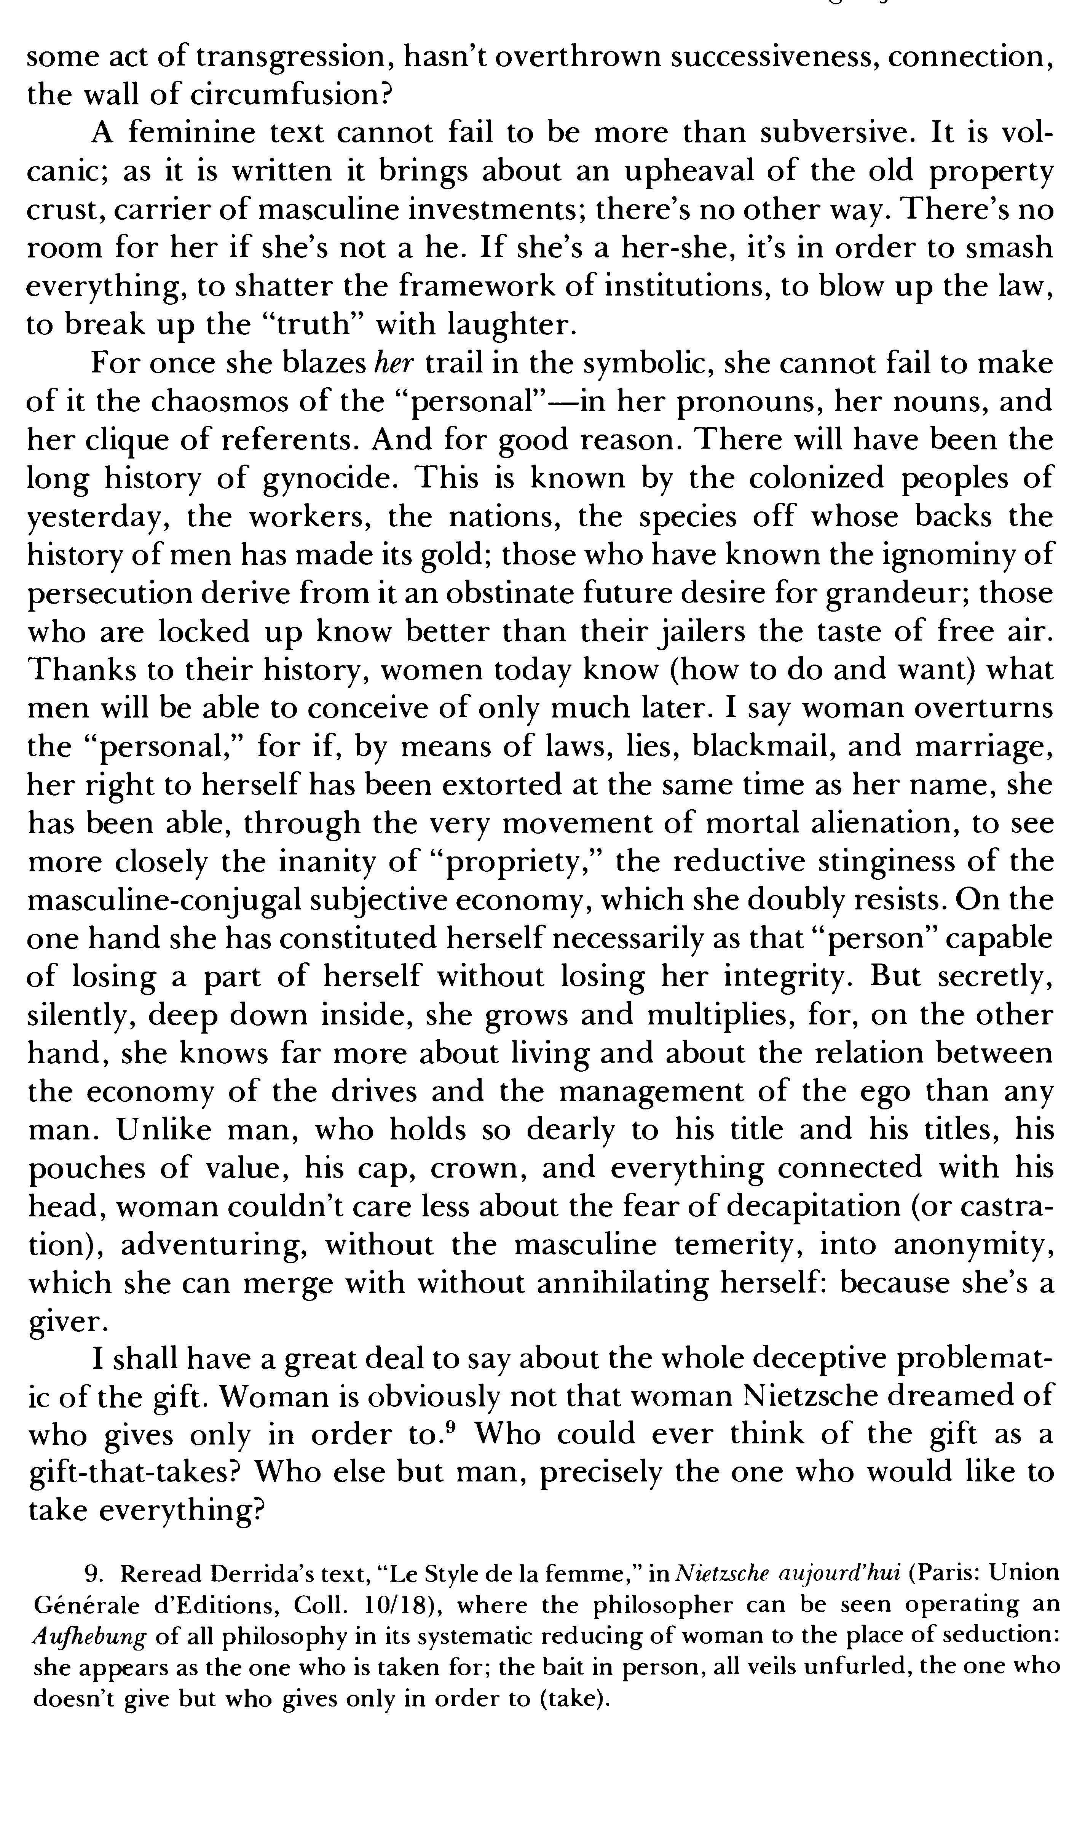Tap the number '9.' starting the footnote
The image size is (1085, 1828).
(94, 1572)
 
